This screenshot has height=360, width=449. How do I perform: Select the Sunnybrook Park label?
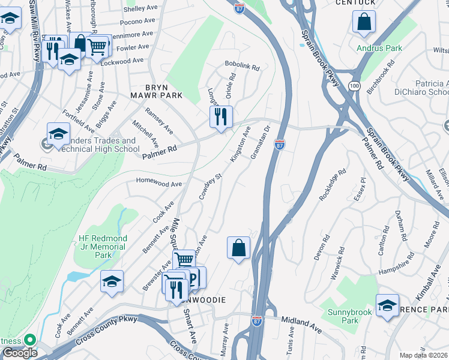pyautogui.click(x=350, y=316)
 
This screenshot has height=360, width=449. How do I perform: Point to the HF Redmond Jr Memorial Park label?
pyautogui.click(x=103, y=246)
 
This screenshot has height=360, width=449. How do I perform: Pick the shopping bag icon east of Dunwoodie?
pyautogui.click(x=238, y=247)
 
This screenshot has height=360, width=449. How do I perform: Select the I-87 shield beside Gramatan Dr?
pyautogui.click(x=279, y=144)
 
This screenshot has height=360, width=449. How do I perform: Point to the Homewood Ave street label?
pyautogui.click(x=158, y=184)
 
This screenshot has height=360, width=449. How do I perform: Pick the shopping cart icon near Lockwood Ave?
pyautogui.click(x=97, y=46)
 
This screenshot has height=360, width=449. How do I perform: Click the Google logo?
pyautogui.click(x=20, y=353)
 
